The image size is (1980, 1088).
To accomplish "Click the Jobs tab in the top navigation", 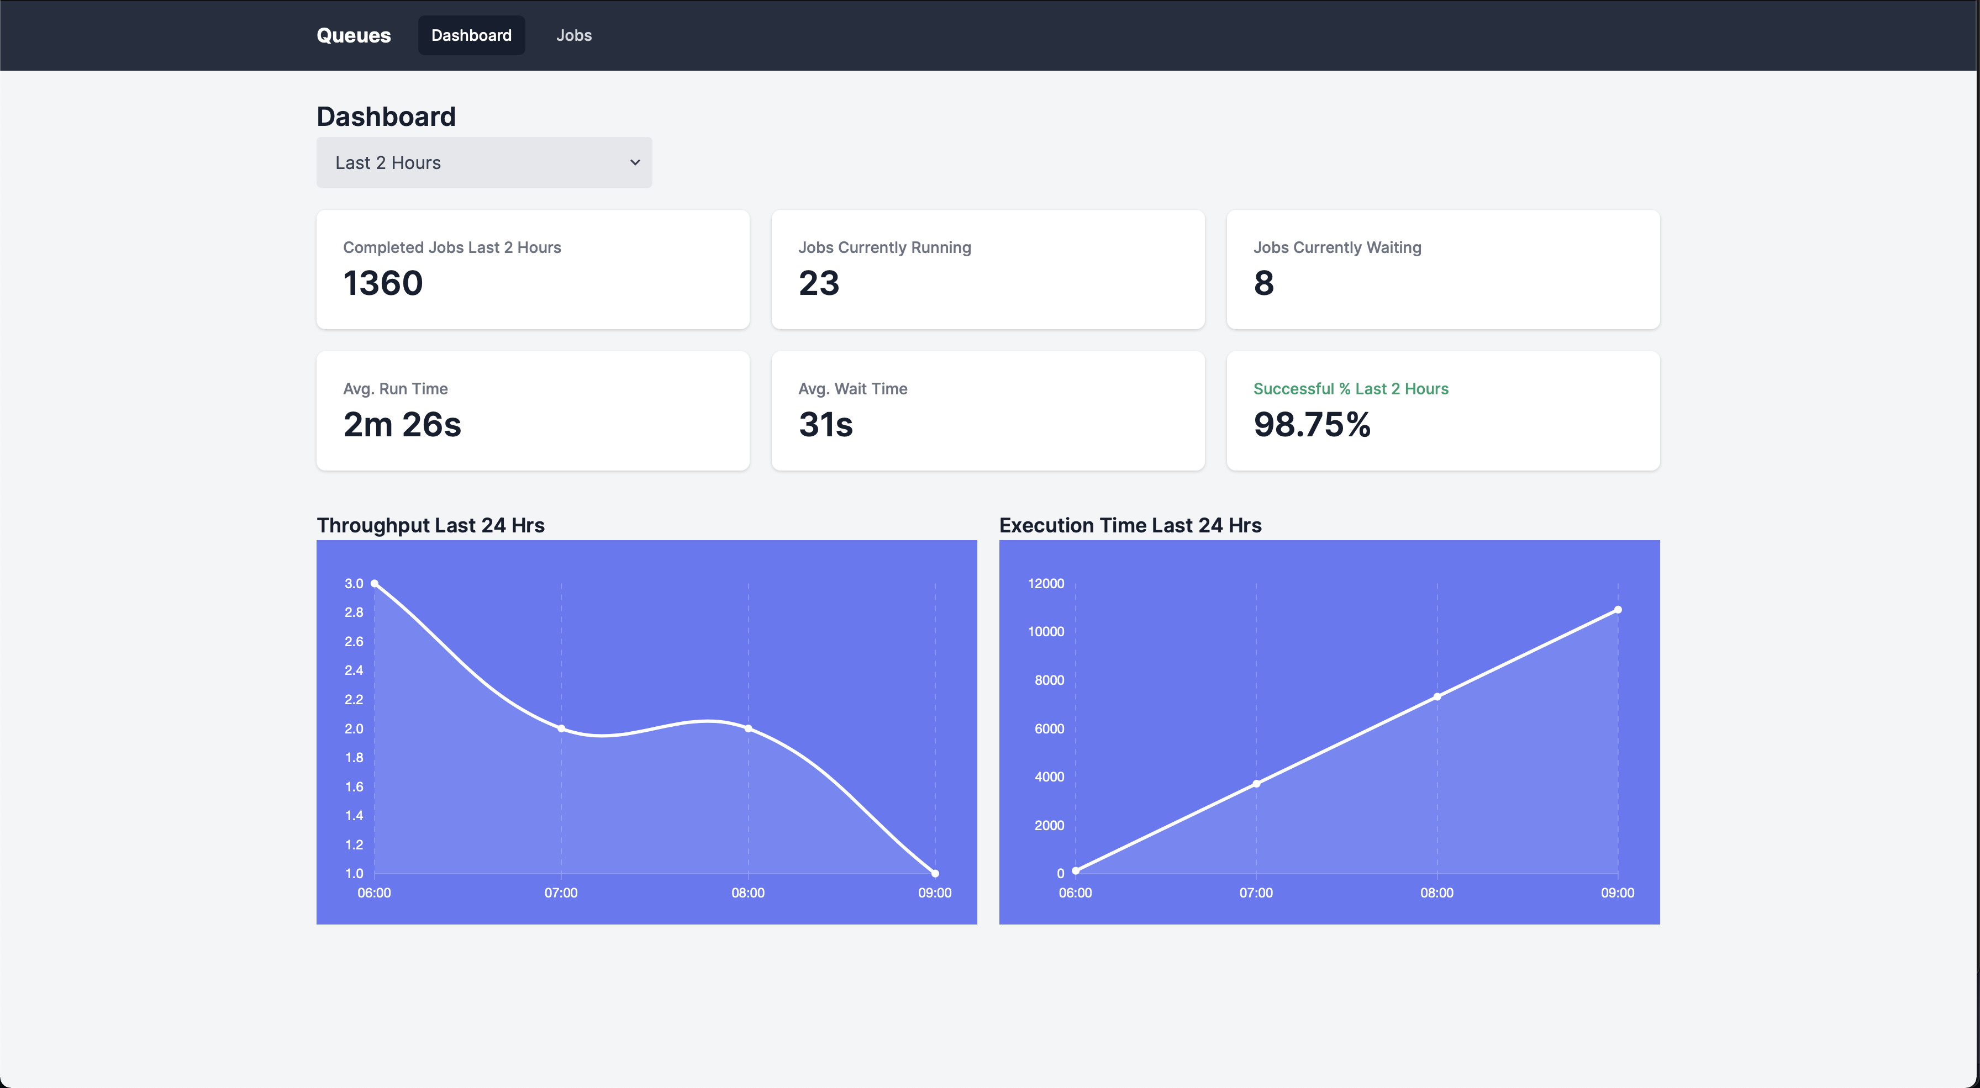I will (573, 35).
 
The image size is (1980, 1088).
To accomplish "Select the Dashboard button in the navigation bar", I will (471, 35).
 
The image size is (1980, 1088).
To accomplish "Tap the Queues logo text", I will (354, 35).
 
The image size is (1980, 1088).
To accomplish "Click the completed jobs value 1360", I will (383, 283).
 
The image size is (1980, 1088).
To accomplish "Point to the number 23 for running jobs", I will (819, 283).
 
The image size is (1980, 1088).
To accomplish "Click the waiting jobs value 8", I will (1263, 283).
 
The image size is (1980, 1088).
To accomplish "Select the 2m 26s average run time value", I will (402, 424).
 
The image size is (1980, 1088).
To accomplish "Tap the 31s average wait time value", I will (825, 424).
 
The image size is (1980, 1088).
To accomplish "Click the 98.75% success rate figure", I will (1312, 424).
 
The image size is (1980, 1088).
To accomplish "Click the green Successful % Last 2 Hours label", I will (1351, 389).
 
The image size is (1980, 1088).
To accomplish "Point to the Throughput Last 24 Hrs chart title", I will (430, 526).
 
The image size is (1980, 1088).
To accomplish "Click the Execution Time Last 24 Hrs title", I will (1130, 526).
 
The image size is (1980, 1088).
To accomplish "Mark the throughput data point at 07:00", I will (561, 728).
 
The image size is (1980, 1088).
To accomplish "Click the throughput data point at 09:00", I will (935, 873).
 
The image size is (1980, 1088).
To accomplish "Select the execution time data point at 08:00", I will (1436, 697).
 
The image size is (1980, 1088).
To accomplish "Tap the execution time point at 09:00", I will (1617, 610).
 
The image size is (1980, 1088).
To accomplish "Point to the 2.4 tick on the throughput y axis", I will (354, 670).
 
